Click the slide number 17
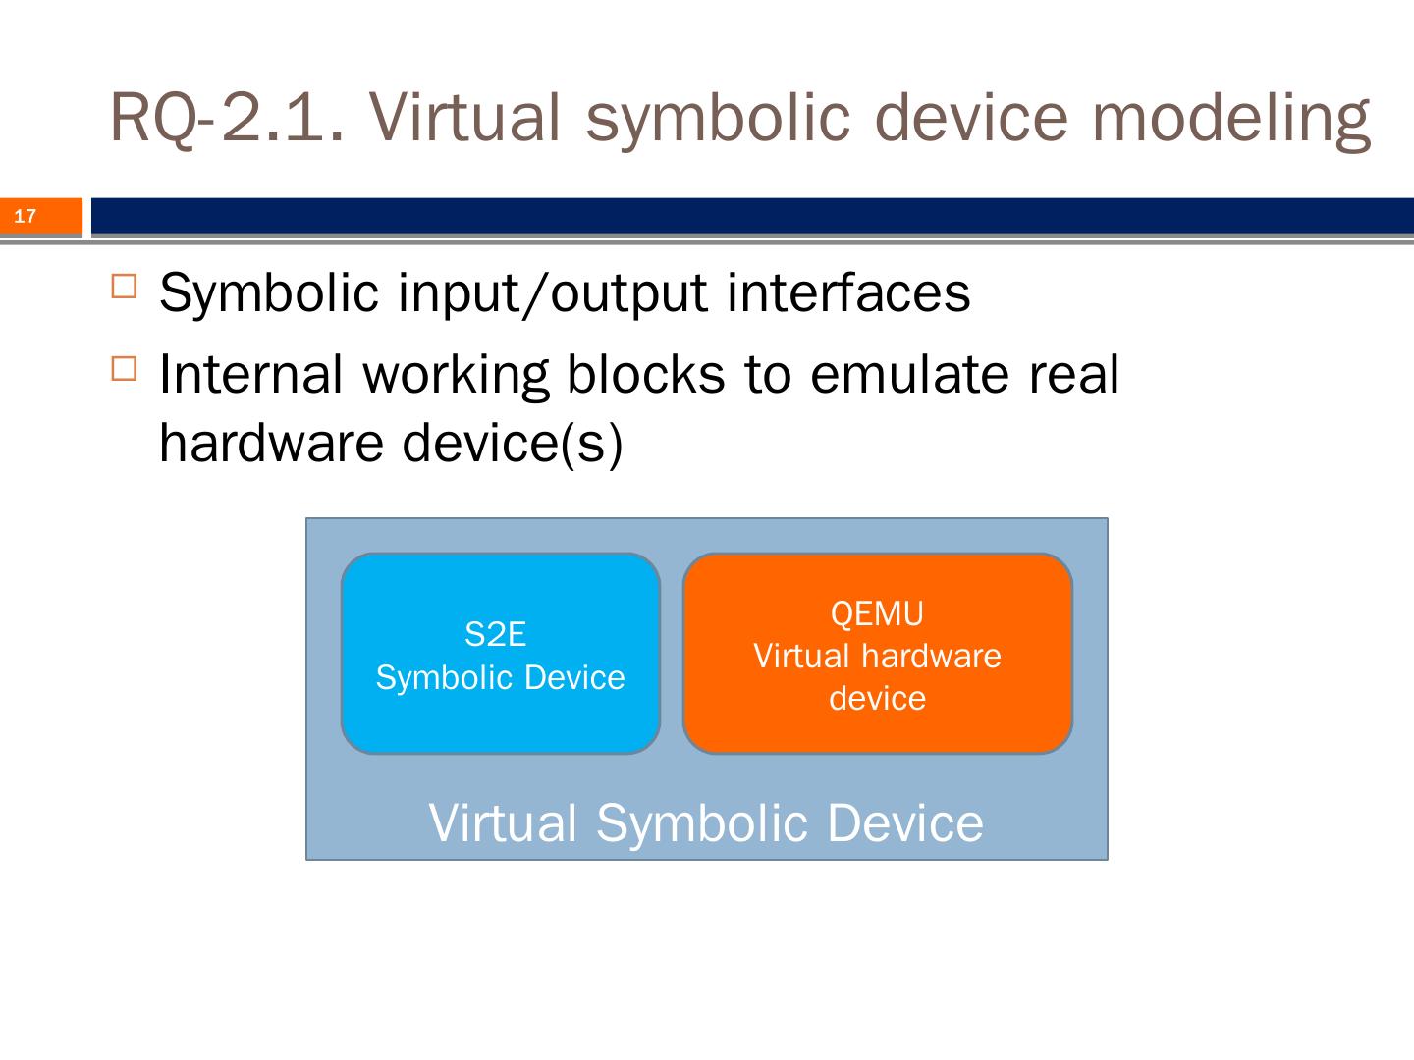[x=26, y=217]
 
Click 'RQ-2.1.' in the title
[x=227, y=116]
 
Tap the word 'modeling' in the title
[x=1231, y=116]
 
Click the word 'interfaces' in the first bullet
[x=848, y=292]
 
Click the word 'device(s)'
[x=513, y=443]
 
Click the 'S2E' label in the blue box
[x=496, y=635]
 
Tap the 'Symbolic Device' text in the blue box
[x=500, y=677]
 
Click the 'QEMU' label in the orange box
[x=877, y=613]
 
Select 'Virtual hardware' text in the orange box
[x=877, y=656]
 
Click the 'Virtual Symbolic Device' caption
[x=706, y=822]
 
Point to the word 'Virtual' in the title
[x=467, y=116]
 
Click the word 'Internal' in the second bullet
[x=251, y=374]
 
